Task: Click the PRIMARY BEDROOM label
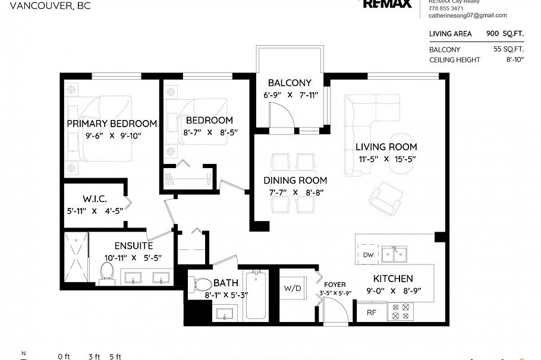(112, 124)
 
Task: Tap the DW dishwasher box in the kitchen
(367, 255)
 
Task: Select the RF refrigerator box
(371, 312)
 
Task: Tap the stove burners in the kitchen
(401, 311)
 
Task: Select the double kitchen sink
(394, 254)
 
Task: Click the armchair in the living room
(384, 199)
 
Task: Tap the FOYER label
(335, 285)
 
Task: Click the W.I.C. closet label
(95, 198)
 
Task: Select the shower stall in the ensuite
(76, 258)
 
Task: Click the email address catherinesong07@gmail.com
(467, 15)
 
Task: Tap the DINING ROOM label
(295, 181)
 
